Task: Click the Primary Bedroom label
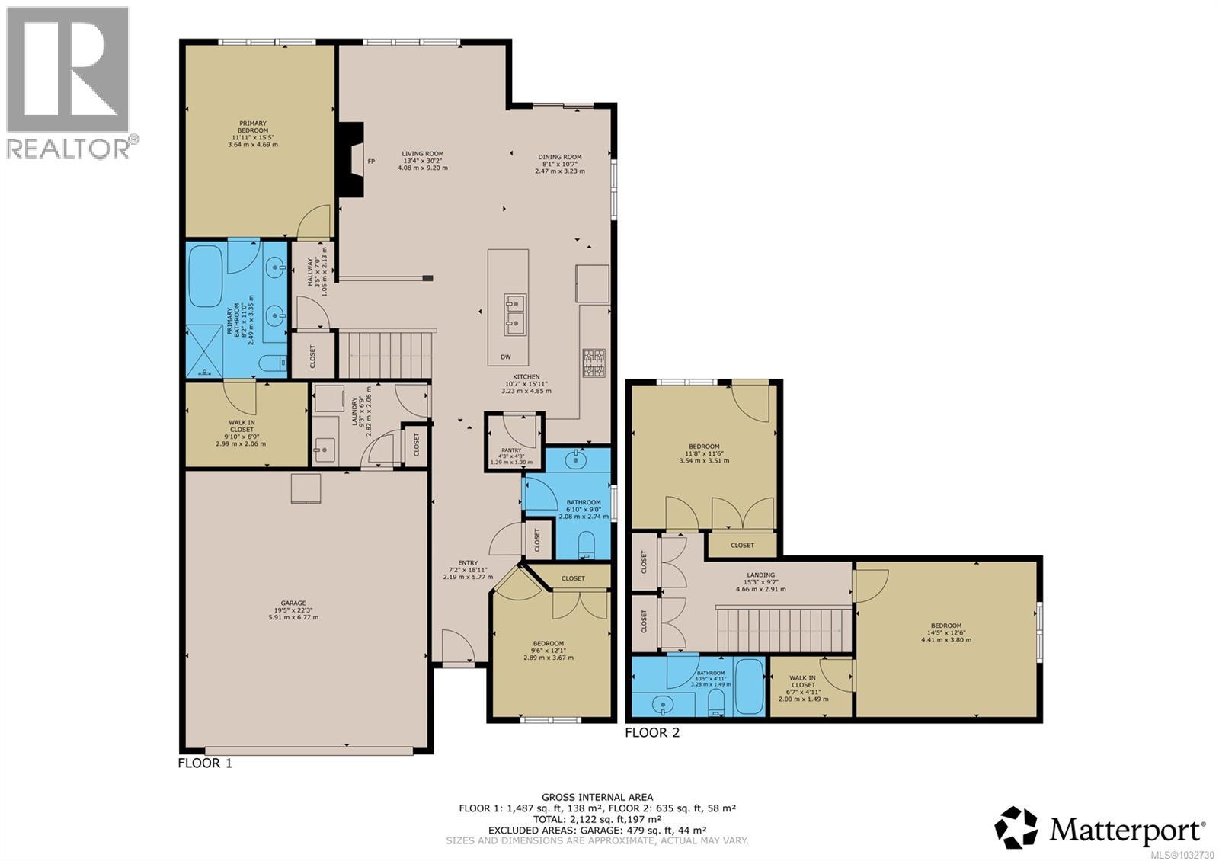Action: [x=253, y=133]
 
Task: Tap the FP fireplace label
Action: [x=372, y=162]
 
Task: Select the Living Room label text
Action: [x=422, y=160]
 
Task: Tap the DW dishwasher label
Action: [x=505, y=357]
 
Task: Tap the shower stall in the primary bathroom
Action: [x=206, y=352]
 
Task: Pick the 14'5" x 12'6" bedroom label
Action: [x=945, y=632]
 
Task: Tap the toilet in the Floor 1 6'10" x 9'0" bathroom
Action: [x=587, y=544]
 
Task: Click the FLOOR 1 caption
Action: [x=204, y=763]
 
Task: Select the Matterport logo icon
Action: [x=1016, y=827]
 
